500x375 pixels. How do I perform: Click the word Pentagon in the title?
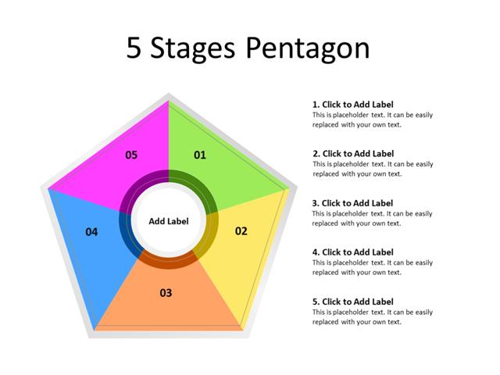click(307, 49)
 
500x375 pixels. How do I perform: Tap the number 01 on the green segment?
click(200, 155)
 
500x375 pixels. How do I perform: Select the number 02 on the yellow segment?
click(241, 230)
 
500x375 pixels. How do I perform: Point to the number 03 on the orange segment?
click(166, 293)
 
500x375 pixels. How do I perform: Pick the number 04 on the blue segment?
click(92, 231)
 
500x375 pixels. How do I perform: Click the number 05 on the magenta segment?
click(131, 155)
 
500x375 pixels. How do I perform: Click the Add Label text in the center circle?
click(169, 221)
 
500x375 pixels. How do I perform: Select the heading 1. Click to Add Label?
click(352, 104)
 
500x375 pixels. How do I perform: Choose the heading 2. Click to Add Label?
click(352, 153)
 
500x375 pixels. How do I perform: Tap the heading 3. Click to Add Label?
click(352, 202)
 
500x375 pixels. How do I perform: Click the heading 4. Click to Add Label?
click(352, 252)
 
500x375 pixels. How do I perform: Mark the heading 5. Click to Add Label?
click(352, 301)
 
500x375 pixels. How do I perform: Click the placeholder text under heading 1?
click(372, 120)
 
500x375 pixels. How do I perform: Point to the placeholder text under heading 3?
click(372, 218)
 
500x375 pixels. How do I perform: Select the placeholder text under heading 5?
click(372, 316)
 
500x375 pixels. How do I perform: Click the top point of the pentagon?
click(169, 97)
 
